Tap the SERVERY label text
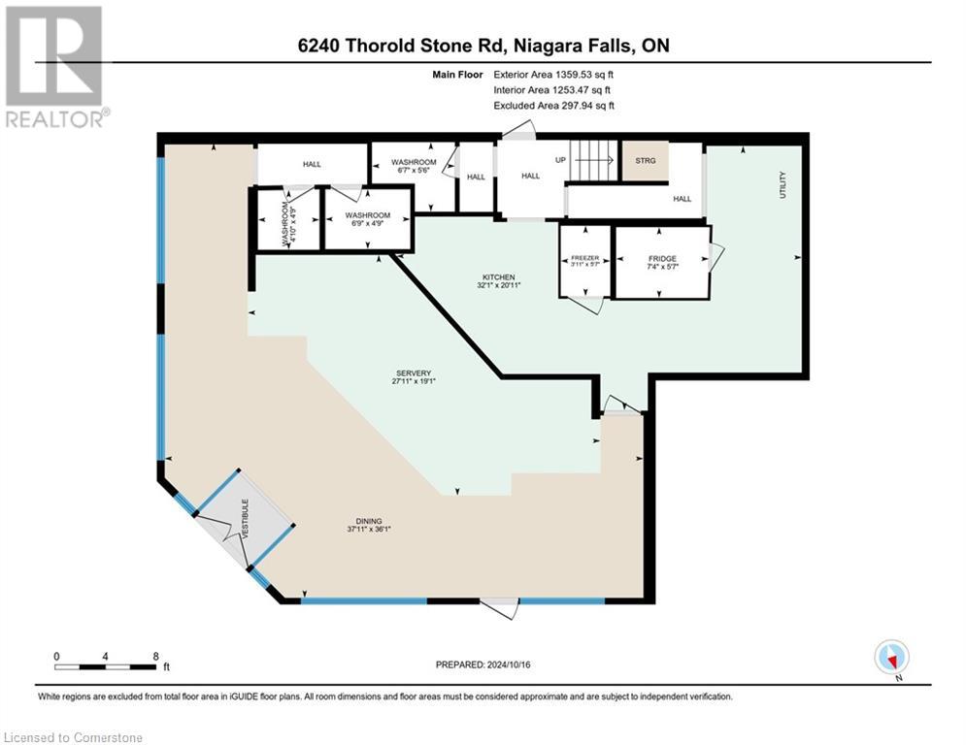414,374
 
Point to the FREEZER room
584,262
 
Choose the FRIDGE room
662,262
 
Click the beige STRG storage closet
645,161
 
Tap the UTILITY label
782,184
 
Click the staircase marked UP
589,161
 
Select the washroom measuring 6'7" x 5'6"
414,166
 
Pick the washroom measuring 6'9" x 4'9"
367,219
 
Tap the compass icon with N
890,657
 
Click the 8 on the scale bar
156,656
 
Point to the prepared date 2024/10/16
483,664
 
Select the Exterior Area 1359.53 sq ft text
554,72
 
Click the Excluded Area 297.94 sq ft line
554,106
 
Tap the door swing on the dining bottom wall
501,608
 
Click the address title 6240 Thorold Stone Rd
483,46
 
